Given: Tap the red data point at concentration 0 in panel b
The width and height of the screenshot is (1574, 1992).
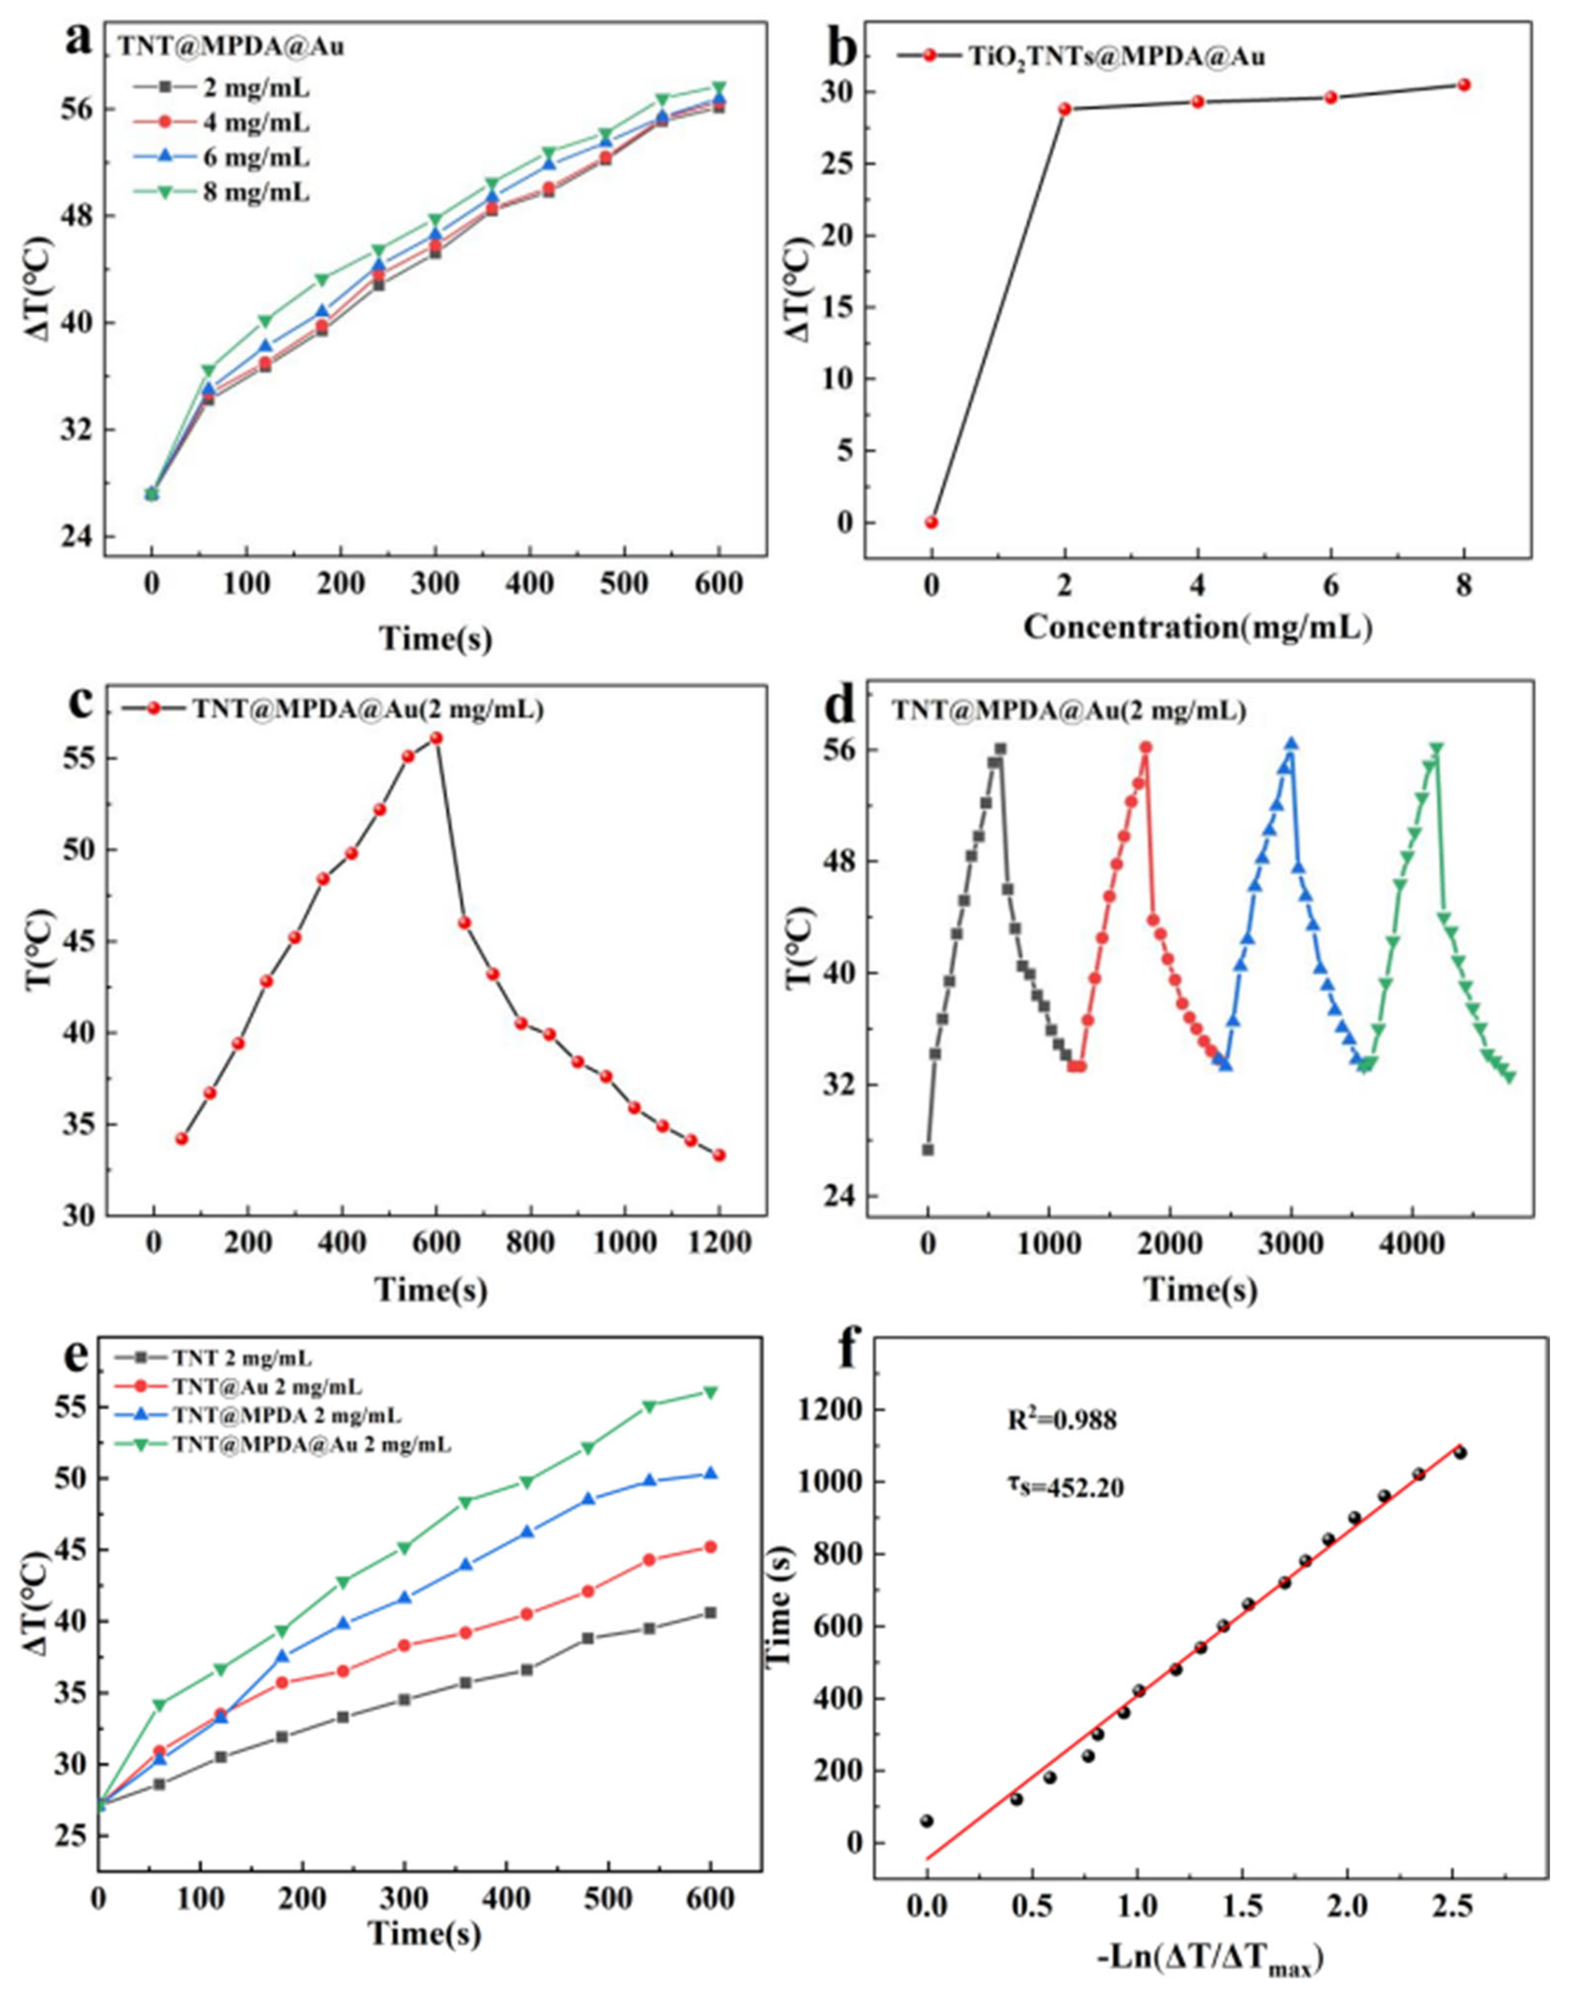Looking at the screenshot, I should (x=932, y=522).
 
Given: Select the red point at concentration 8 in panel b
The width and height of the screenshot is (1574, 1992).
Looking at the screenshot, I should (x=1464, y=85).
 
